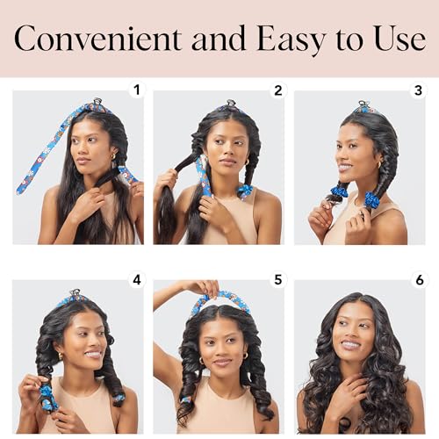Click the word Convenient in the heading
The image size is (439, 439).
coord(97,39)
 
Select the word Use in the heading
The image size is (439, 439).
coord(396,39)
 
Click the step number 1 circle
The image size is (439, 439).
coord(136,90)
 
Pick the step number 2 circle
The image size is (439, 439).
coord(277,90)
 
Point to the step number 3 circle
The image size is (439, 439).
coord(418,90)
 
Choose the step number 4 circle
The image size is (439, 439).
coord(136,280)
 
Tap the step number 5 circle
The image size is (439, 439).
coord(277,280)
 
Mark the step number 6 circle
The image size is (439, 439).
coord(418,280)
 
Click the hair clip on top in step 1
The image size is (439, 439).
coord(97,103)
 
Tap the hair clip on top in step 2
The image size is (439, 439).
coord(230,104)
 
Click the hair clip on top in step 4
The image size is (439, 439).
coord(76,293)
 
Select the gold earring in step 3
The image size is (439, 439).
coord(379,164)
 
